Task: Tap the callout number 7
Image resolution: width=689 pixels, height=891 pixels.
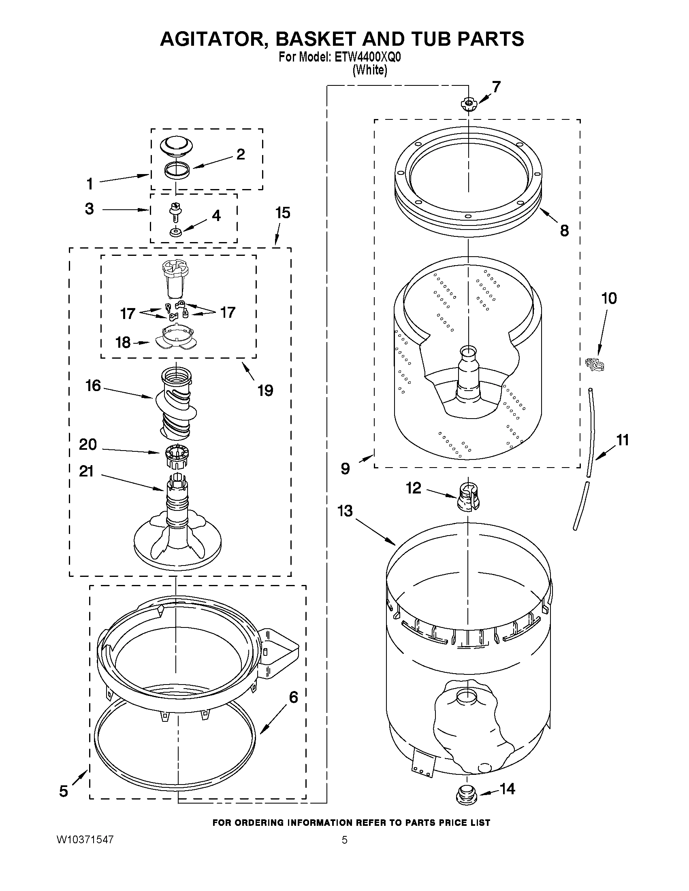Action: [496, 87]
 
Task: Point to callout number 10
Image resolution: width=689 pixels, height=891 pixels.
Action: [609, 298]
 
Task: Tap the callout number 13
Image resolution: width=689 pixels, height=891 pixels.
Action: [346, 511]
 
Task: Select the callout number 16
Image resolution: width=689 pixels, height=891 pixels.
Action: [93, 385]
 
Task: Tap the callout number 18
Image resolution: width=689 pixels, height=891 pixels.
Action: [123, 342]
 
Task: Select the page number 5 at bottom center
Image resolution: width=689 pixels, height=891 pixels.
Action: [344, 840]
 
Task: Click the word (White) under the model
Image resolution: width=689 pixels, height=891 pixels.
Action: [370, 70]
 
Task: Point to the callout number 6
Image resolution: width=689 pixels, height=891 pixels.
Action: [294, 697]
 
